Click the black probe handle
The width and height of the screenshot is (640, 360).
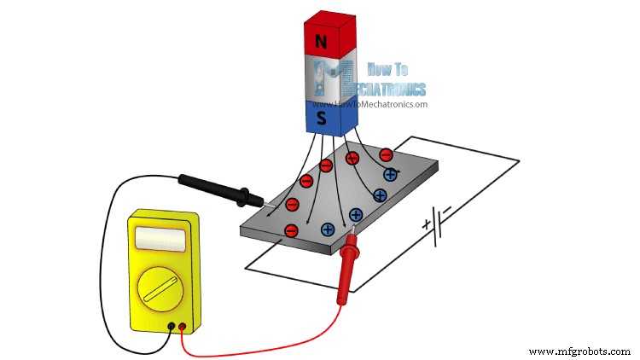(213, 189)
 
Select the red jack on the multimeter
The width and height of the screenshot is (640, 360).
(182, 326)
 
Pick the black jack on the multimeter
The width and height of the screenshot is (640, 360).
(172, 326)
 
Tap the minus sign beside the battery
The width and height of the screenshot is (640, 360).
(447, 209)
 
